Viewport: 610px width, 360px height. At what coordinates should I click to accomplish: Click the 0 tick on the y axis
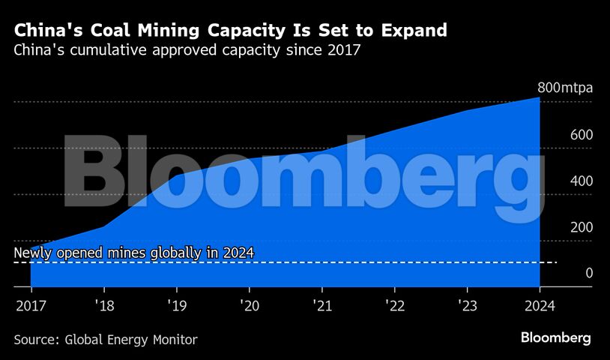(x=568, y=274)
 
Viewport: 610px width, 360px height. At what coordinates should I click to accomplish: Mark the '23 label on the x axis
(x=466, y=305)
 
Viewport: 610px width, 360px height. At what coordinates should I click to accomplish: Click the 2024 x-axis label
(x=540, y=305)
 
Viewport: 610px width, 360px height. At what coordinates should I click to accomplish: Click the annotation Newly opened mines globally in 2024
(x=134, y=253)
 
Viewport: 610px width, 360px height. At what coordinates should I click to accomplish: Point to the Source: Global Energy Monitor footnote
(x=106, y=340)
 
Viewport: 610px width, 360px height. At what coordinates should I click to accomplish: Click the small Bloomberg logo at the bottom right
(x=556, y=338)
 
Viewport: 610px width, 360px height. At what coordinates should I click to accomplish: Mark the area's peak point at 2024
(x=540, y=97)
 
